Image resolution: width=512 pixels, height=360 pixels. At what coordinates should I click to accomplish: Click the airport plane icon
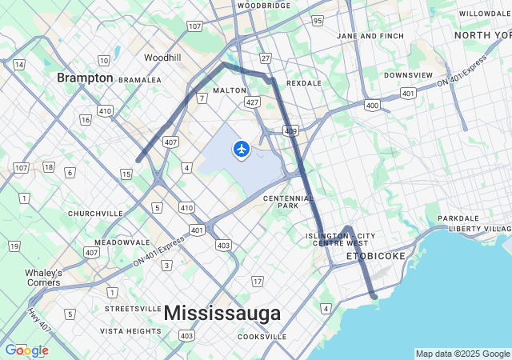(241, 149)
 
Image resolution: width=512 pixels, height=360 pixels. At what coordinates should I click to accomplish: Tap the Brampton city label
(84, 78)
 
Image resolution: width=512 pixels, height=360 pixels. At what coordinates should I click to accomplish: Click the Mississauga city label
(222, 313)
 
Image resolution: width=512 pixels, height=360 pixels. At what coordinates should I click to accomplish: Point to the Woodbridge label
(264, 5)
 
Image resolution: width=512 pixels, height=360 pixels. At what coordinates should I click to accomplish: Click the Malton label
(230, 90)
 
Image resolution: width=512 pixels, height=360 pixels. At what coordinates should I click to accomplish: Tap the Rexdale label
(303, 82)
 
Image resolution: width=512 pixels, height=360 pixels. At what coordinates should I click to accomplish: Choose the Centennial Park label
(281, 202)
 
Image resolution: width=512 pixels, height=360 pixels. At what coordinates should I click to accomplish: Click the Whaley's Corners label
(43, 277)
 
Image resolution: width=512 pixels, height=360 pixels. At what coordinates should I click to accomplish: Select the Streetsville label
(133, 308)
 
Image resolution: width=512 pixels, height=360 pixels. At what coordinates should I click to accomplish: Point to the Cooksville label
(262, 337)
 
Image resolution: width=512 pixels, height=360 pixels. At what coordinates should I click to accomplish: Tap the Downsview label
(408, 75)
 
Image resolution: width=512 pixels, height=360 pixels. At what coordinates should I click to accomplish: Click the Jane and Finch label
(370, 36)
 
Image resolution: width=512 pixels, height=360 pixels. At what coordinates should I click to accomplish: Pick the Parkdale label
(458, 218)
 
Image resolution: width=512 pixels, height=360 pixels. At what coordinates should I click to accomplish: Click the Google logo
(26, 350)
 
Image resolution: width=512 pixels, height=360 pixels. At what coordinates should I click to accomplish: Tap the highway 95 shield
(318, 20)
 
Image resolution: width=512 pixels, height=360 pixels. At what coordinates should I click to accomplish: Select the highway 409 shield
(290, 130)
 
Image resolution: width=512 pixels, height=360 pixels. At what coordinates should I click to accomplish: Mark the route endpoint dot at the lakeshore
(374, 296)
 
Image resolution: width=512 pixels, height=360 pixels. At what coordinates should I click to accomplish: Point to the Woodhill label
(162, 58)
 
